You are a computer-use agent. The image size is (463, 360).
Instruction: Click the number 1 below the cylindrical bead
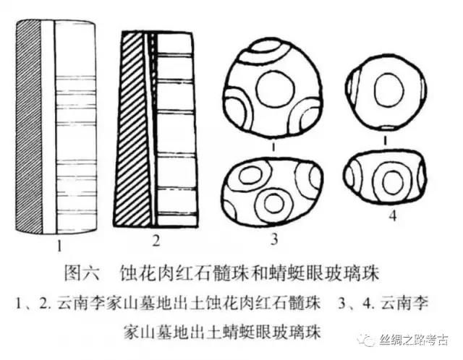59,246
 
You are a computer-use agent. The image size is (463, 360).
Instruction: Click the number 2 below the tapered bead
156,241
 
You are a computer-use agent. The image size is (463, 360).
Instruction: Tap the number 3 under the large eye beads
275,239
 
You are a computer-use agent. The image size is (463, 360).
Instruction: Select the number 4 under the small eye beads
392,216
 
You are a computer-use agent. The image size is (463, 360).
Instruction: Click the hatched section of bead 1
29,127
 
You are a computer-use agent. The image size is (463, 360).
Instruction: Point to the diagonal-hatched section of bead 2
133,130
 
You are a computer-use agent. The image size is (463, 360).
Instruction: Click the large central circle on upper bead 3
275,88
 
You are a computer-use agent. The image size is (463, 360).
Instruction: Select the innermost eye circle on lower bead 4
392,182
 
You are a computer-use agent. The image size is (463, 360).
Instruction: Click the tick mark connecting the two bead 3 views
275,146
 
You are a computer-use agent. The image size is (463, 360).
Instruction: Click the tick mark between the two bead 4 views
385,141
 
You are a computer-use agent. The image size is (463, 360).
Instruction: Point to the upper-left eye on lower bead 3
252,175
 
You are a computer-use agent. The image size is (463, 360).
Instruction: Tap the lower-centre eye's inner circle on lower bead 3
275,204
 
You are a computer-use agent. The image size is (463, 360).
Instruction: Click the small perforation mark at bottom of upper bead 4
388,128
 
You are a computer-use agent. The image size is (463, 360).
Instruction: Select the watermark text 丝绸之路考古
414,340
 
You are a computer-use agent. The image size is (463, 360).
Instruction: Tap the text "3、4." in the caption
357,304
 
